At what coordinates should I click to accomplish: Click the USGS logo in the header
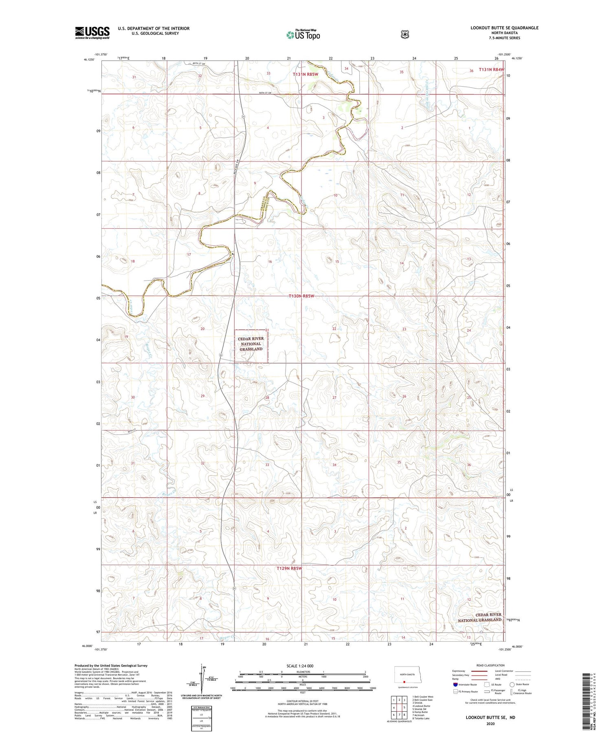coord(92,33)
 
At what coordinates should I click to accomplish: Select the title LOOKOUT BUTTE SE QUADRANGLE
coord(504,28)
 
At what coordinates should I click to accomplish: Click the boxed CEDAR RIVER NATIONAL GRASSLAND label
coord(251,344)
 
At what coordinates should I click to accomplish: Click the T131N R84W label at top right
coord(490,70)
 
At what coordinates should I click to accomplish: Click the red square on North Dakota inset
coord(404,681)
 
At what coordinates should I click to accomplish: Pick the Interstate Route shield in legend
coord(455,684)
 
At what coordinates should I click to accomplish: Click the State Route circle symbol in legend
coord(512,684)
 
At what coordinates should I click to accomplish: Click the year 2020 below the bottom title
coord(490,724)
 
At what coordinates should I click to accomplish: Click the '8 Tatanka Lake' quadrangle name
coord(421,718)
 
